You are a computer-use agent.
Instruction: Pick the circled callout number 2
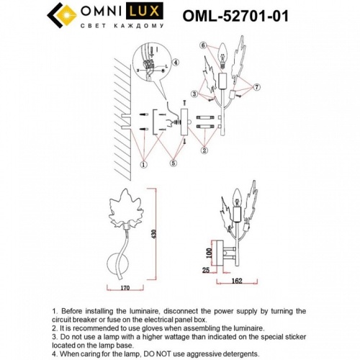tap(204, 150)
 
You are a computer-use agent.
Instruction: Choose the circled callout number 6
tap(204, 45)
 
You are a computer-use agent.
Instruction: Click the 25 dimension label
tap(207, 271)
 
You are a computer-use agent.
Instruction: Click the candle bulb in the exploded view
tap(221, 51)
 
